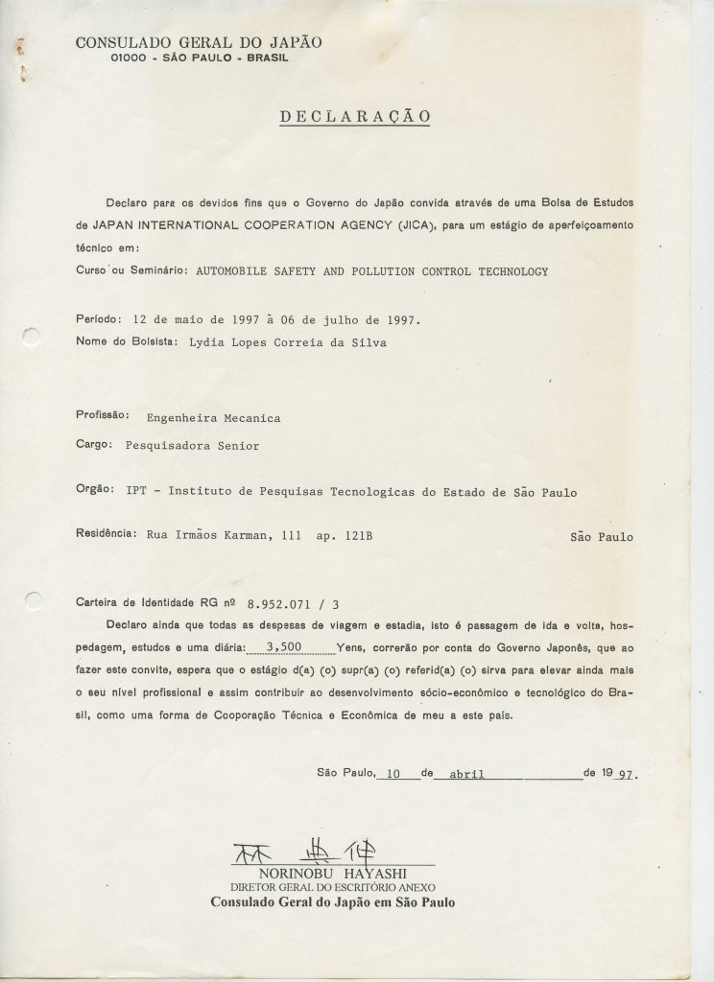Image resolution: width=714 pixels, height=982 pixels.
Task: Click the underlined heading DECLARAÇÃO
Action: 354,117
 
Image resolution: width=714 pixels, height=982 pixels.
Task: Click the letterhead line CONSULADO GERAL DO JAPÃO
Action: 199,41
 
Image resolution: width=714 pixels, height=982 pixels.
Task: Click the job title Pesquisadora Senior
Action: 186,445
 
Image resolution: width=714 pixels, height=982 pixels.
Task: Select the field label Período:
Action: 98,319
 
